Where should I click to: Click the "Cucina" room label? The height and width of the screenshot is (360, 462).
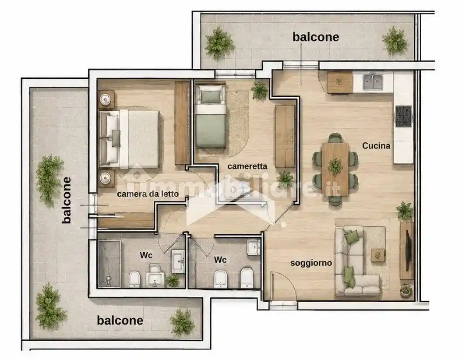(376, 146)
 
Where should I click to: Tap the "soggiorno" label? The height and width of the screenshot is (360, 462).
(311, 263)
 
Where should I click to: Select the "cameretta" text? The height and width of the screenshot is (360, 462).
(247, 166)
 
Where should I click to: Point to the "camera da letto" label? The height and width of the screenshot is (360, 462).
(148, 194)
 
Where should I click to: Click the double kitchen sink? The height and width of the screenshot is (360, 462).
(373, 82)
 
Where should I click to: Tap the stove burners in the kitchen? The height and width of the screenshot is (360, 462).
(403, 116)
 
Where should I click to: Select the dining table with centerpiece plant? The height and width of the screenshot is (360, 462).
(335, 169)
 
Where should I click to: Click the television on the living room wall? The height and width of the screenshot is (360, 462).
(408, 251)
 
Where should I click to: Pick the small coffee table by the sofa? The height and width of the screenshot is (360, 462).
(378, 255)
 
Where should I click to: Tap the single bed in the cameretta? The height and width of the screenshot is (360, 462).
(210, 116)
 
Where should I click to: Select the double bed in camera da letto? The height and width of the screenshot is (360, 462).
(130, 139)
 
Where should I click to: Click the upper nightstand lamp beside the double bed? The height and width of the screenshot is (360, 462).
(105, 99)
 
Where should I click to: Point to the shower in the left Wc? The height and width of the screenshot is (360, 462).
(109, 263)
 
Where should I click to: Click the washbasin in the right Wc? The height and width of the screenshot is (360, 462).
(254, 247)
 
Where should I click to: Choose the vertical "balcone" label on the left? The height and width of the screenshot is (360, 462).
(67, 200)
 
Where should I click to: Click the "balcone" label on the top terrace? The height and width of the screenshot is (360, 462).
(316, 37)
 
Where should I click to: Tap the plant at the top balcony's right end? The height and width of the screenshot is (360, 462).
(395, 41)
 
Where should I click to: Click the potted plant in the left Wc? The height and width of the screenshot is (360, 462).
(173, 280)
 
